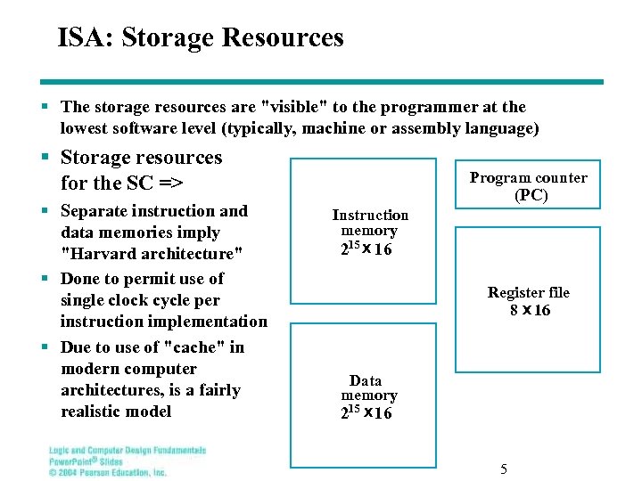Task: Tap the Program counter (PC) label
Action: point(529,186)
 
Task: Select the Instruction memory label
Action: point(370,223)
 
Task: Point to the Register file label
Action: point(529,292)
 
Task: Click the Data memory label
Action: point(368,388)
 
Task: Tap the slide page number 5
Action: point(503,469)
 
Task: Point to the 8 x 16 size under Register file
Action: point(530,311)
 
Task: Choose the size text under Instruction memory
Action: point(366,249)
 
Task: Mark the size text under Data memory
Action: point(366,413)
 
